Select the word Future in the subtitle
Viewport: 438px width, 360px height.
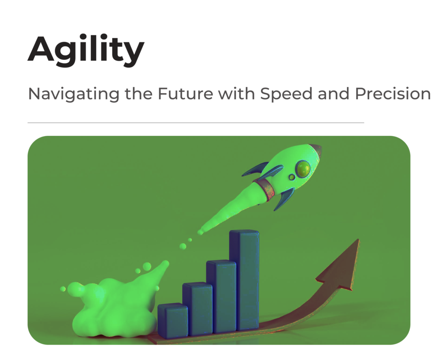pyautogui.click(x=186, y=94)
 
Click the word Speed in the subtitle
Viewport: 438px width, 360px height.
pyautogui.click(x=286, y=94)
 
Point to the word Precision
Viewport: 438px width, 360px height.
pyautogui.click(x=393, y=94)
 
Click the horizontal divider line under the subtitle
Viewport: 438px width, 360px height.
pyautogui.click(x=196, y=122)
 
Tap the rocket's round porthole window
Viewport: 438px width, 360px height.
pyautogui.click(x=303, y=168)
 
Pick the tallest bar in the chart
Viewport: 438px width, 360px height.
pyautogui.click(x=244, y=280)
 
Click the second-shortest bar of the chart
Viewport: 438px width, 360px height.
pyautogui.click(x=197, y=309)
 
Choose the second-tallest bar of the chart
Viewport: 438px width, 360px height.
pyautogui.click(x=221, y=297)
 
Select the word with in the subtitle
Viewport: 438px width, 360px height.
pyautogui.click(x=237, y=94)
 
